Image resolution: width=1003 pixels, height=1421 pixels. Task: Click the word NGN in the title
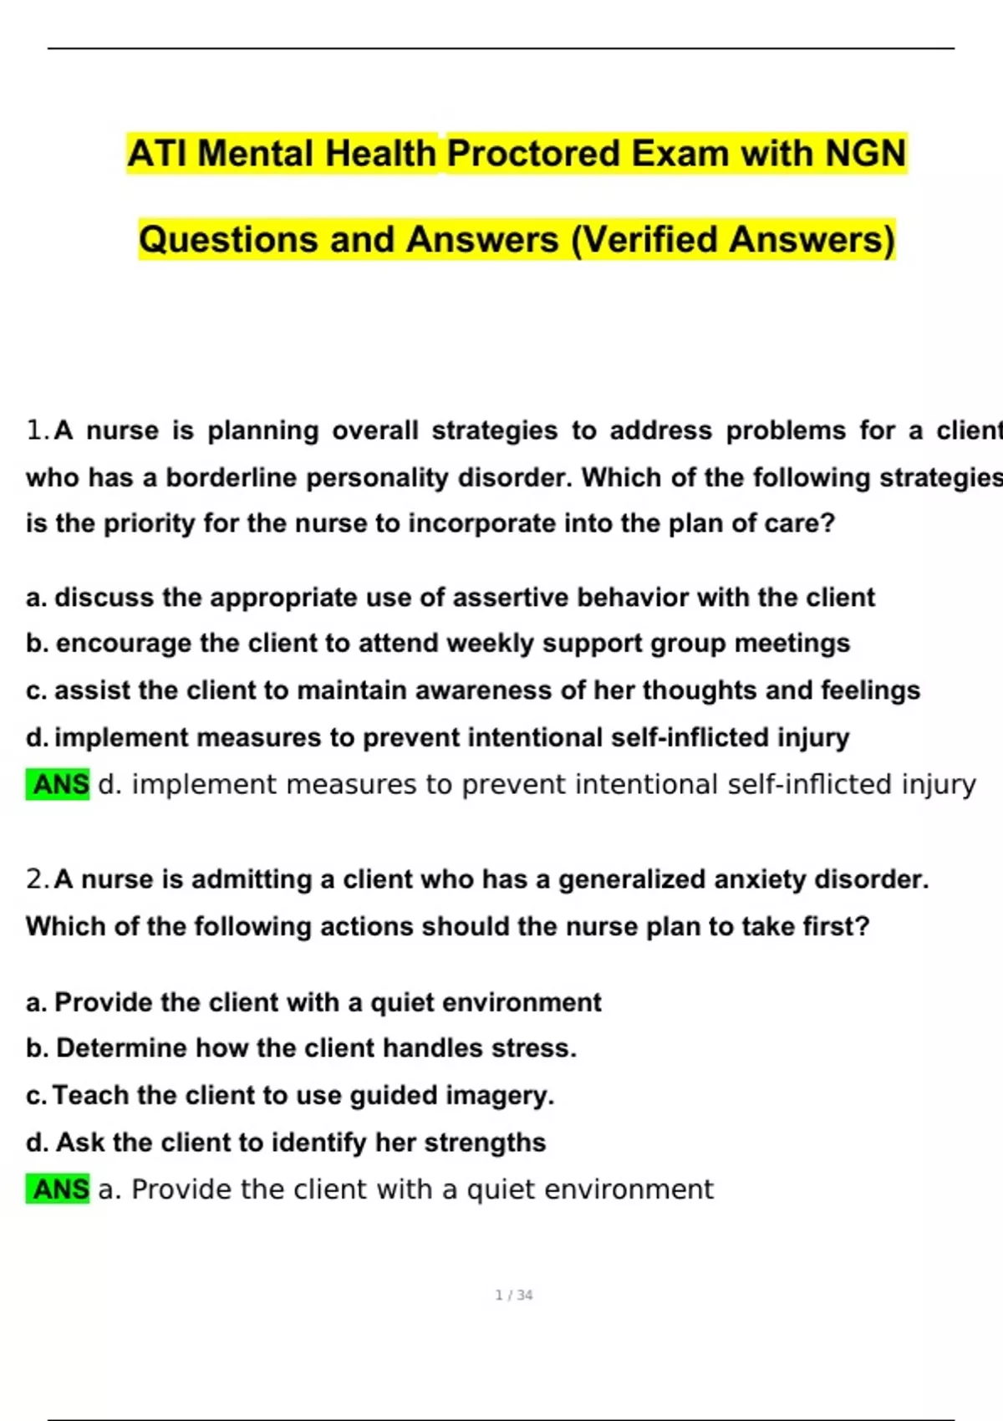click(865, 154)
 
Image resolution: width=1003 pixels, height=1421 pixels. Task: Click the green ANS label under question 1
click(59, 785)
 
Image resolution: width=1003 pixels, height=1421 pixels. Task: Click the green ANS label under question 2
click(59, 1189)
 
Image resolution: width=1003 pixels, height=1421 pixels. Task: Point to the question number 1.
click(37, 430)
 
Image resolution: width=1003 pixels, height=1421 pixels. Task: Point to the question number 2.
click(37, 879)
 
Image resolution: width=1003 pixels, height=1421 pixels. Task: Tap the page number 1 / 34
click(514, 1295)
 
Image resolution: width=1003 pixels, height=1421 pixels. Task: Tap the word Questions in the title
click(228, 240)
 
